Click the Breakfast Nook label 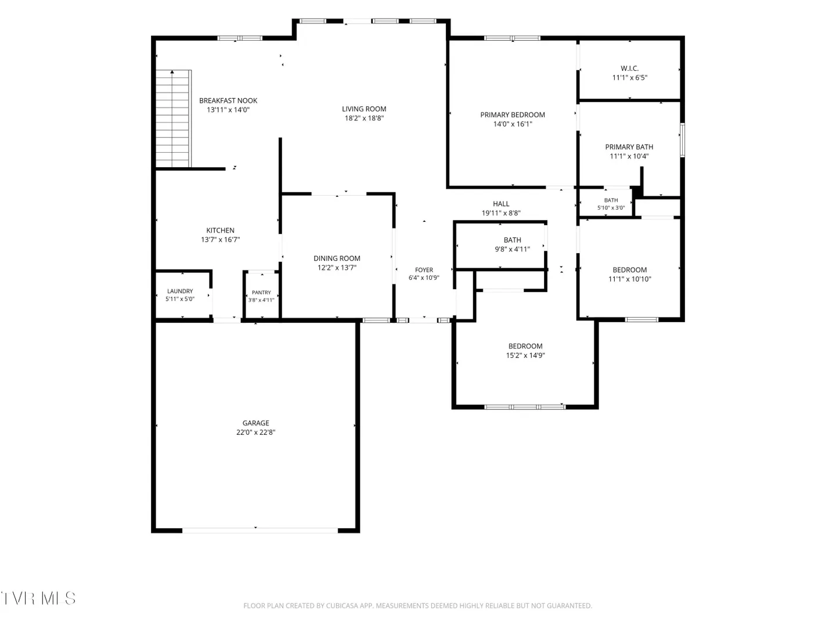click(x=228, y=100)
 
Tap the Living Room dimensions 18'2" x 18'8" click(x=364, y=118)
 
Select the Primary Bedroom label click(x=512, y=114)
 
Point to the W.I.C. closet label click(x=629, y=69)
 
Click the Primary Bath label click(x=629, y=147)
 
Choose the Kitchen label click(x=220, y=230)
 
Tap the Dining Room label click(x=337, y=258)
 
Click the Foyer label click(x=424, y=270)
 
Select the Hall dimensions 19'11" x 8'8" click(x=501, y=213)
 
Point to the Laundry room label click(x=180, y=291)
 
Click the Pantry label click(x=261, y=293)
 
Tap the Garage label click(x=255, y=423)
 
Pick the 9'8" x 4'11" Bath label click(x=512, y=240)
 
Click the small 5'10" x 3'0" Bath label click(x=611, y=200)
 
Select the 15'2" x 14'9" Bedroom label click(x=525, y=346)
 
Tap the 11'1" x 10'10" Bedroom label click(x=629, y=270)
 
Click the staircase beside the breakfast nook click(x=173, y=118)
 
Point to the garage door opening click(x=260, y=530)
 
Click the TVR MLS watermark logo click(x=38, y=598)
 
